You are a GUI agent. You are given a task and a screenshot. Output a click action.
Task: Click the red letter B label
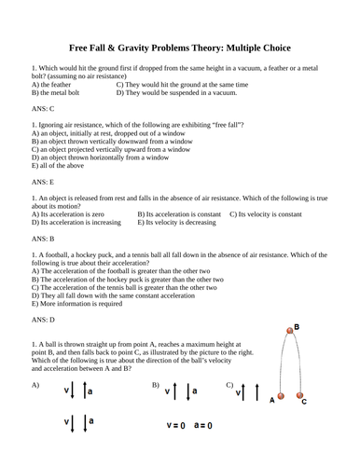(298, 327)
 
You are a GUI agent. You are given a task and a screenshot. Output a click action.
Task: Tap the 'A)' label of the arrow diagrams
(35, 384)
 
